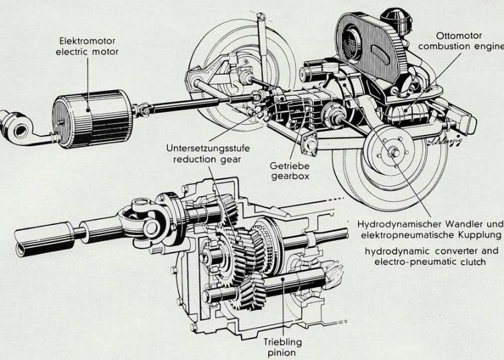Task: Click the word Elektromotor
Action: [85, 40]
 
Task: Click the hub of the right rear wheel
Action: [393, 151]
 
